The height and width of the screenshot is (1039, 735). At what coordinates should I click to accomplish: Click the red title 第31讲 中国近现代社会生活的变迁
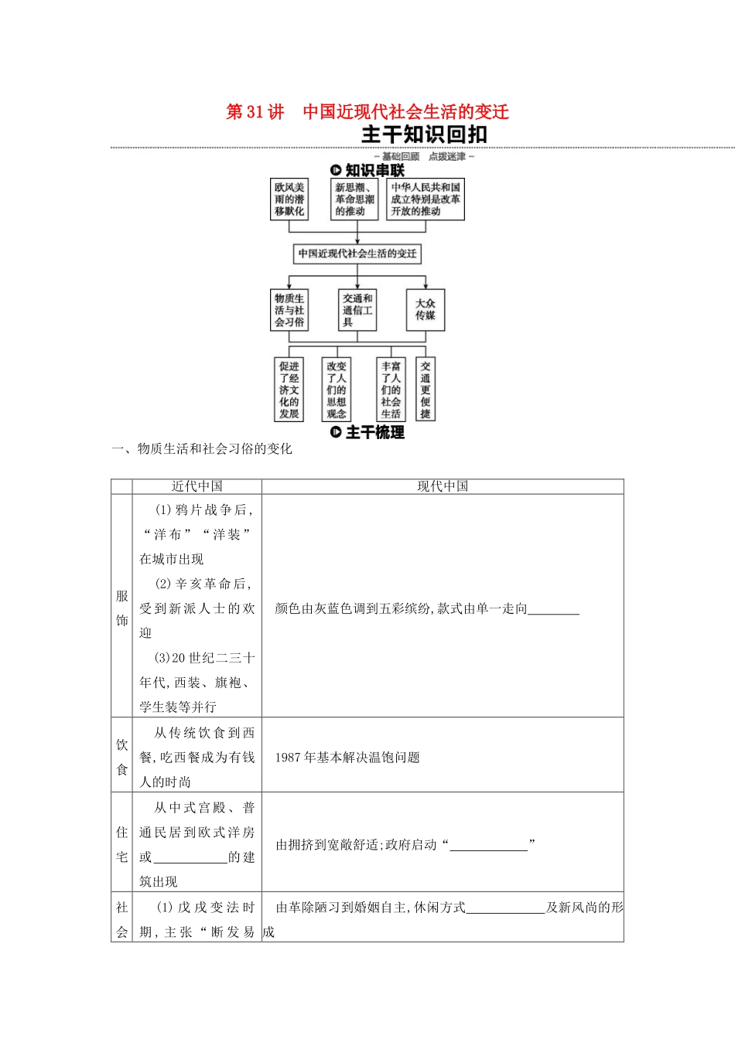click(x=367, y=112)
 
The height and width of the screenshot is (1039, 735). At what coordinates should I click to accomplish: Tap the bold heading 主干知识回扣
click(x=424, y=135)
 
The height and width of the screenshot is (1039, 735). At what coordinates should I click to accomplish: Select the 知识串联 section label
click(x=367, y=170)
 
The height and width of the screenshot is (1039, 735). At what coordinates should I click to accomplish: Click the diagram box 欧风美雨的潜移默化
click(x=289, y=199)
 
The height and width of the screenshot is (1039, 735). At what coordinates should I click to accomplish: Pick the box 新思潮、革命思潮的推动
click(x=354, y=199)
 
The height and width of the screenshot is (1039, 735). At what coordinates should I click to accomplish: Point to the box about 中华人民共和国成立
click(x=426, y=199)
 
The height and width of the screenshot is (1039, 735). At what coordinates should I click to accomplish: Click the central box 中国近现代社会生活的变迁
click(x=357, y=254)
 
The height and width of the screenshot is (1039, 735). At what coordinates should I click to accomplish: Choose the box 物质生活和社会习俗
click(x=289, y=310)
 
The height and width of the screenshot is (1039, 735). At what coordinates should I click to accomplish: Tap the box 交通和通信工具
click(x=357, y=310)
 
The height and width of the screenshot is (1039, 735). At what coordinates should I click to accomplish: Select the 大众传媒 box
click(x=426, y=309)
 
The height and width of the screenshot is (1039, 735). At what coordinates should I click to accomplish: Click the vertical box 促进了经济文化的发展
click(x=289, y=390)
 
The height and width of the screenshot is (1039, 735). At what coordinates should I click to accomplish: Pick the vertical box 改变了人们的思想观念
click(x=337, y=390)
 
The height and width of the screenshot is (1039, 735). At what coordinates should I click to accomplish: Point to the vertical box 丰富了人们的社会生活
click(x=391, y=390)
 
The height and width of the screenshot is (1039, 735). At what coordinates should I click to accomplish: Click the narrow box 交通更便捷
click(x=426, y=390)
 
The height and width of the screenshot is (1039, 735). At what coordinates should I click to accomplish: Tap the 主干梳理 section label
click(x=367, y=432)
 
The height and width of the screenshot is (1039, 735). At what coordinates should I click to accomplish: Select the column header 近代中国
click(x=197, y=486)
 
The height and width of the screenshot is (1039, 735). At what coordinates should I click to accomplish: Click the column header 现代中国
click(x=443, y=486)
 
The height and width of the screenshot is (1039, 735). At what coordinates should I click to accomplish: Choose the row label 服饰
click(x=122, y=608)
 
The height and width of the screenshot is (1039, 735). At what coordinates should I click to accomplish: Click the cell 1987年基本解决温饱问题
click(x=347, y=758)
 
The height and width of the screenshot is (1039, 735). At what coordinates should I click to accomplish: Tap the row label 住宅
click(x=122, y=844)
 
